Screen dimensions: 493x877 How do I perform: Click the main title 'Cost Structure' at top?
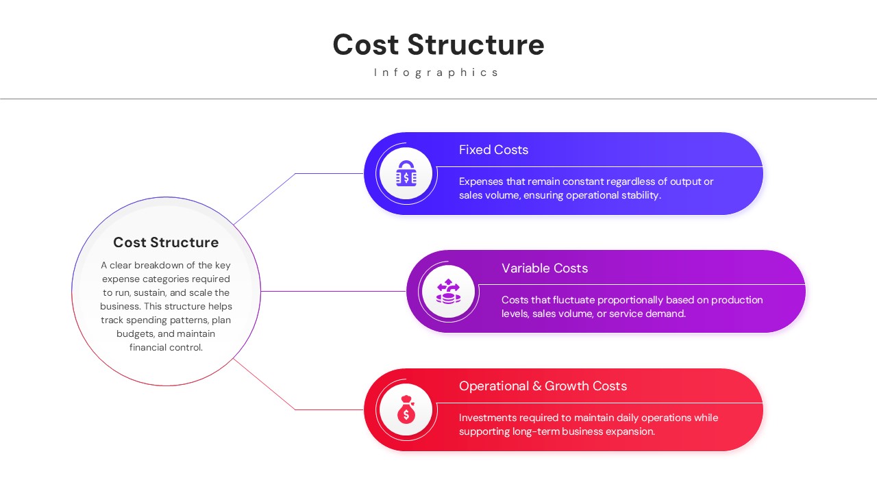pyautogui.click(x=438, y=45)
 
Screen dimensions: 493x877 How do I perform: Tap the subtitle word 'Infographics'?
pyautogui.click(x=437, y=73)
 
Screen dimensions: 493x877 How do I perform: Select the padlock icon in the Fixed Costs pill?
pyautogui.click(x=406, y=174)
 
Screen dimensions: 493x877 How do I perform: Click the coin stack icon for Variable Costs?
pyautogui.click(x=449, y=292)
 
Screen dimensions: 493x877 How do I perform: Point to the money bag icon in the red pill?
pyautogui.click(x=406, y=410)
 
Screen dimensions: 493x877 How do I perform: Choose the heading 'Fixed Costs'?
pyautogui.click(x=493, y=150)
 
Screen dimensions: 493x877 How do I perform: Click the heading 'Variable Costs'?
pyautogui.click(x=545, y=268)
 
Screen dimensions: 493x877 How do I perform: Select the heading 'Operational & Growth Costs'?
pyautogui.click(x=543, y=386)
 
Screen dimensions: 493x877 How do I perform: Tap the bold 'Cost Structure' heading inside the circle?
pyautogui.click(x=166, y=242)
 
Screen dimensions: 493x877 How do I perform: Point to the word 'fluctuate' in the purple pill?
pyautogui.click(x=571, y=300)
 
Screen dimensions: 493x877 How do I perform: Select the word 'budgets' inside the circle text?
pyautogui.click(x=135, y=334)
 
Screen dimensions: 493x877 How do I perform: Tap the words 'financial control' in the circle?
pyautogui.click(x=166, y=348)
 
